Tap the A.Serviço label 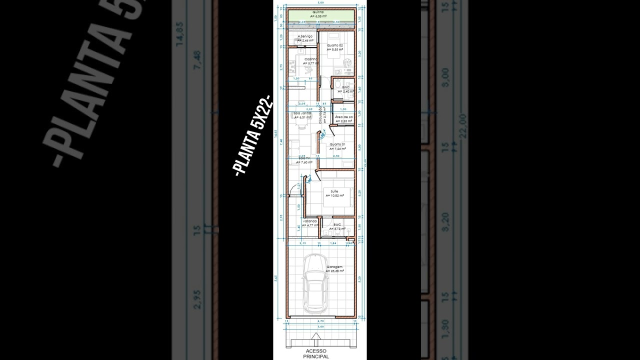point(305,36)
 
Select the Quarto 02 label point(335,45)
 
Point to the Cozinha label point(311,59)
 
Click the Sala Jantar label point(302,113)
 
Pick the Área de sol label point(344,117)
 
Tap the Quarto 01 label point(337,144)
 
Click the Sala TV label point(303,158)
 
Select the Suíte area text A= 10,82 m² point(334,196)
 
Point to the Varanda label point(310,220)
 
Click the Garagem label point(334,267)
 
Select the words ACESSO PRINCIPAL point(316,353)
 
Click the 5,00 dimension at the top point(320,3)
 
